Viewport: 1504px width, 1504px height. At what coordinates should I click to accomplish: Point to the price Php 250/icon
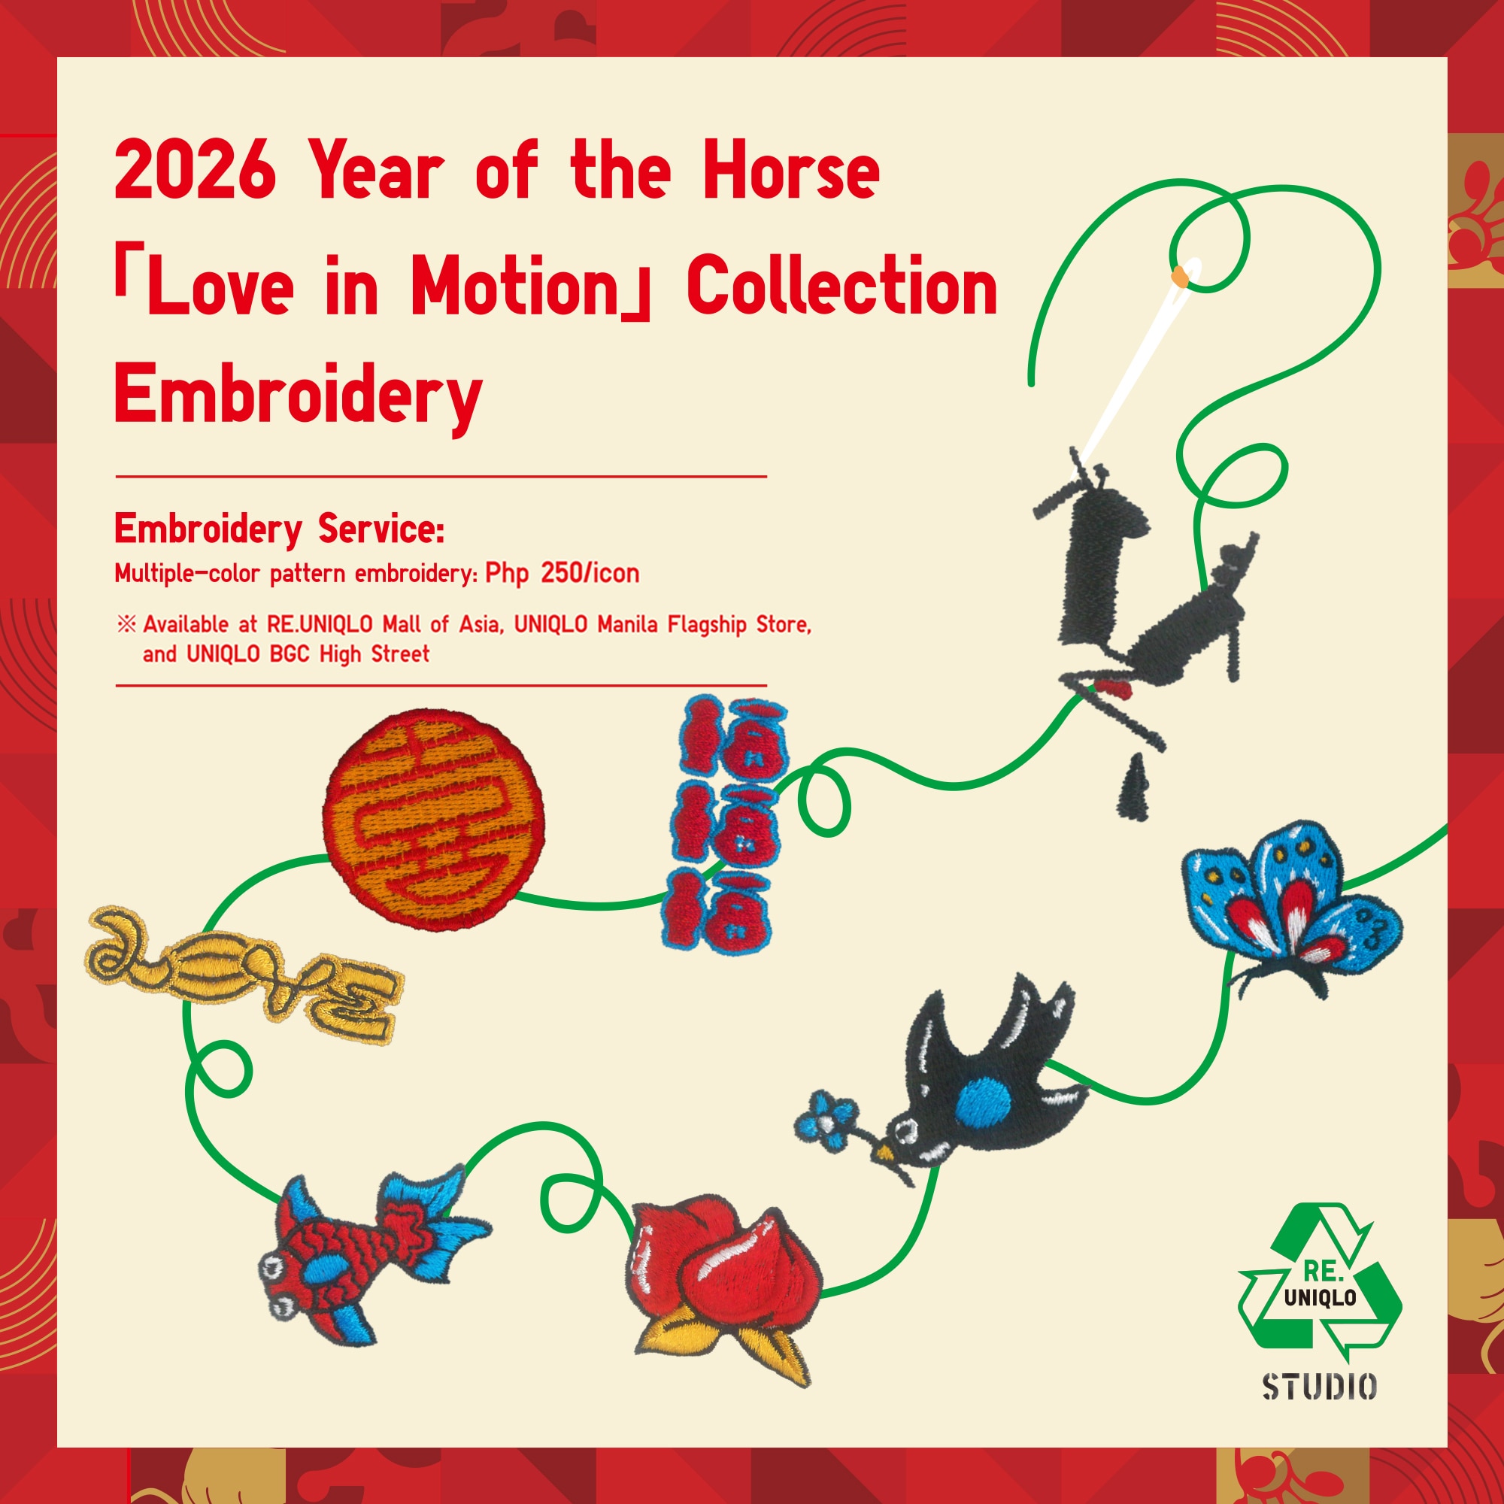coord(562,574)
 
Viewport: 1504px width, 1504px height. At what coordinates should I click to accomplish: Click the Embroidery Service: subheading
coord(280,530)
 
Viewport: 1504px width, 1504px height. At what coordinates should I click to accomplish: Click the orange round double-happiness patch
coord(434,820)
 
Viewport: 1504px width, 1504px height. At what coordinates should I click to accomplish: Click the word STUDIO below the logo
coord(1320,1408)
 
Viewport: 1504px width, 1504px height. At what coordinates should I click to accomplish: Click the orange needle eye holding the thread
coord(1180,274)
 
